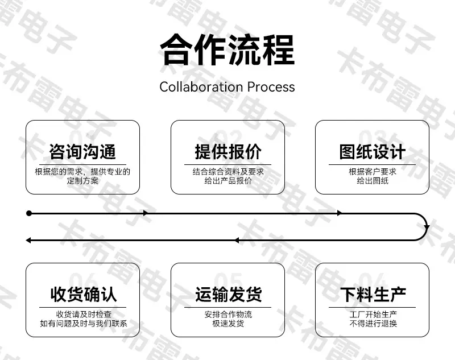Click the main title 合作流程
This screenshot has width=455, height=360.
click(227, 50)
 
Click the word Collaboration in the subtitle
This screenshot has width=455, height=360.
click(201, 87)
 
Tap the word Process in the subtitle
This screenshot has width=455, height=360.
click(271, 87)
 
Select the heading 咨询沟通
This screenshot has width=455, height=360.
click(82, 152)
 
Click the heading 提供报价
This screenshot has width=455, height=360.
click(228, 152)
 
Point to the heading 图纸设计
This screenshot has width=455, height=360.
click(373, 152)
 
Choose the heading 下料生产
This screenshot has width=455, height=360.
click(373, 295)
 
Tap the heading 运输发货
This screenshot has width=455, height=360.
click(229, 295)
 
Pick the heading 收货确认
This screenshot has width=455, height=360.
click(83, 295)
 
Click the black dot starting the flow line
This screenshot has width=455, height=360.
click(29, 213)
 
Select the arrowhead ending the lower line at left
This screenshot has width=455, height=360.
click(28, 240)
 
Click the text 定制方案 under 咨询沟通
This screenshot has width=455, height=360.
click(82, 181)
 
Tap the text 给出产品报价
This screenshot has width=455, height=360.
click(228, 181)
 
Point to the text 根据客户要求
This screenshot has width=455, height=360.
click(373, 172)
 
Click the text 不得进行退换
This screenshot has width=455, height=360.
click(373, 324)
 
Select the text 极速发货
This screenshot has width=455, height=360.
click(228, 324)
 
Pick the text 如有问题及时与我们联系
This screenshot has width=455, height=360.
click(84, 324)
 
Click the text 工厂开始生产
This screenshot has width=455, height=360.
click(373, 315)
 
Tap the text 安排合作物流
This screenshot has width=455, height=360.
click(228, 315)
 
